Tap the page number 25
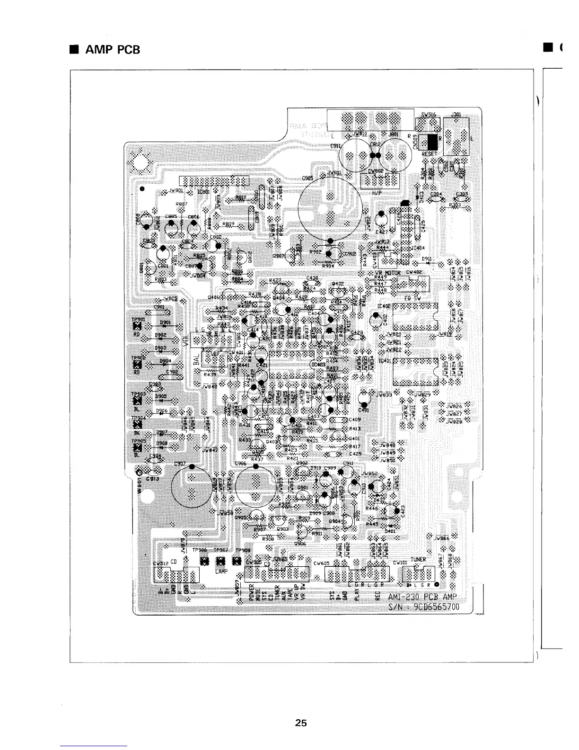(x=300, y=723)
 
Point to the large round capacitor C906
(x=255, y=492)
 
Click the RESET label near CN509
(x=429, y=154)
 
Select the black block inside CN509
(x=432, y=141)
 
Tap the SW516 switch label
(x=428, y=115)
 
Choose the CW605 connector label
(x=322, y=563)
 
